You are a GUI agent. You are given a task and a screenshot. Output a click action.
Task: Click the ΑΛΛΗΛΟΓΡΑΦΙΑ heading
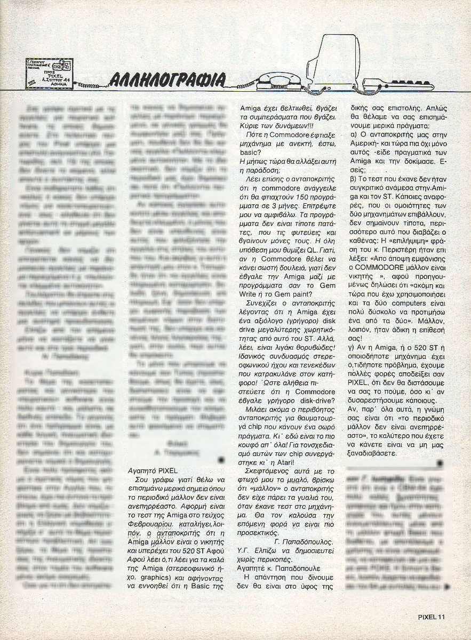click(166, 79)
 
